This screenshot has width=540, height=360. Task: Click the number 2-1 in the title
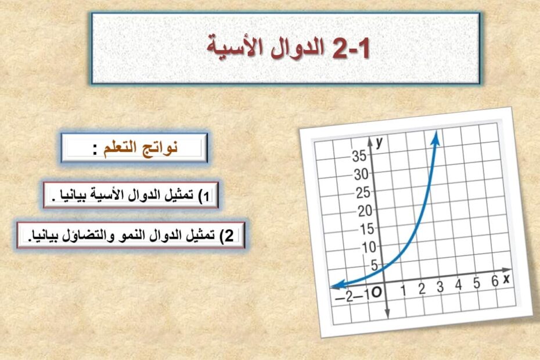click(351, 48)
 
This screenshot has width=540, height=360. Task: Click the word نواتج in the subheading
click(161, 147)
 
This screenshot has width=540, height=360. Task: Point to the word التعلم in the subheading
click(121, 148)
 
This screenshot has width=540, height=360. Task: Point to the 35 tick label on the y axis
click(359, 156)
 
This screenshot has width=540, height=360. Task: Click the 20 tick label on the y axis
click(365, 211)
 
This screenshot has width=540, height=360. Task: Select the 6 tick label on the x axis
click(495, 281)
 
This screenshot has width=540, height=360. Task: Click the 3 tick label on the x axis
click(440, 287)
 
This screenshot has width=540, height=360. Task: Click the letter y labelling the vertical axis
click(379, 142)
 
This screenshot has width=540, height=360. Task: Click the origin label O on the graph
click(377, 293)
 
